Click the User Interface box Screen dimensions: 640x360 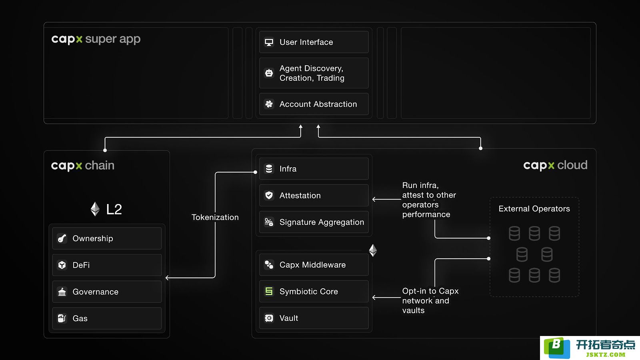(314, 42)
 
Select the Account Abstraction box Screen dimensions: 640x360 (314, 104)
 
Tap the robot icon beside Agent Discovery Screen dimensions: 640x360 (269, 73)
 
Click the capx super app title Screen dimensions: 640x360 (96, 39)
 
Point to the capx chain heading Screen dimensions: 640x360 (82, 166)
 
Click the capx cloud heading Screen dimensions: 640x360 (555, 165)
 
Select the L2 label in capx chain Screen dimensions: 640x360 (114, 209)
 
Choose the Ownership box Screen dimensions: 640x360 (107, 238)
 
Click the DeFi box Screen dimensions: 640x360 (107, 265)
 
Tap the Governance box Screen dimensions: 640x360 (107, 292)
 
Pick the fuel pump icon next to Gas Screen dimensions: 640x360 (62, 318)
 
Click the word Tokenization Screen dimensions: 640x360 (215, 217)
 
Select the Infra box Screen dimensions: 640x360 (314, 168)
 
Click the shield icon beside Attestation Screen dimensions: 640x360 (269, 196)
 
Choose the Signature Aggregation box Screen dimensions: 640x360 (314, 222)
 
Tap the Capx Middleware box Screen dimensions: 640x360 (314, 265)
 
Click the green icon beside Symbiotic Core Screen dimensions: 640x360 (269, 292)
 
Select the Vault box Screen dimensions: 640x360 (314, 318)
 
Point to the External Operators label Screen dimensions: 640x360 (534, 208)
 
